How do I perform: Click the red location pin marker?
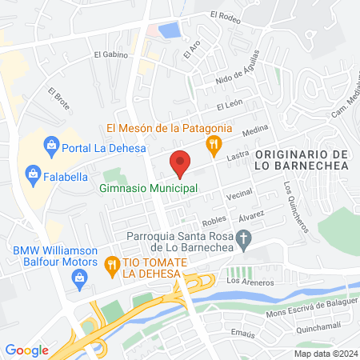pyautogui.click(x=180, y=162)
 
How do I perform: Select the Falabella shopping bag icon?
pyautogui.click(x=33, y=171)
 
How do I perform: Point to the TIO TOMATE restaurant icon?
pyautogui.click(x=113, y=262)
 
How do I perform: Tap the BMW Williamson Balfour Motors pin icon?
pyautogui.click(x=79, y=278)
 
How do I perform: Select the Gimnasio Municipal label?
pyautogui.click(x=149, y=189)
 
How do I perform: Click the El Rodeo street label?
pyautogui.click(x=225, y=14)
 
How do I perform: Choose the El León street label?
pyautogui.click(x=229, y=106)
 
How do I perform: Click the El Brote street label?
pyautogui.click(x=57, y=99)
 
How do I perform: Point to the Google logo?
pyautogui.click(x=26, y=350)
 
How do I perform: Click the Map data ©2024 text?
pyautogui.click(x=324, y=354)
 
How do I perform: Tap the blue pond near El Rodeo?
pyautogui.click(x=170, y=31)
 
